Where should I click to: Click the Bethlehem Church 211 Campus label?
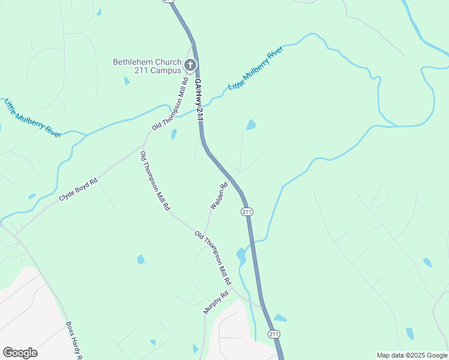coord(147,66)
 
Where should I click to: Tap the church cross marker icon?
coord(190,65)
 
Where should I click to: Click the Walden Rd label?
coord(219,196)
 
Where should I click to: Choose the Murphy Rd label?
coord(217,302)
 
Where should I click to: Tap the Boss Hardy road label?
coord(74,341)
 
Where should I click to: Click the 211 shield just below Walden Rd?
coord(247,212)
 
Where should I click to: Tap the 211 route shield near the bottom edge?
coord(274,334)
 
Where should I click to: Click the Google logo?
coord(20,353)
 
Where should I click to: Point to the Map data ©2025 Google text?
coord(412,355)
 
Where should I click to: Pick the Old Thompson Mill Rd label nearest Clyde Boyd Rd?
coord(154,181)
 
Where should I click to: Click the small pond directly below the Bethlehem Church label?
coord(127,81)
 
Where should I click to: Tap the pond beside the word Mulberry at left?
coord(31,196)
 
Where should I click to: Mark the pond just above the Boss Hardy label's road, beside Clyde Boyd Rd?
coord(31,196)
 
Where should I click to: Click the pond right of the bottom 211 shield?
coord(280,318)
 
